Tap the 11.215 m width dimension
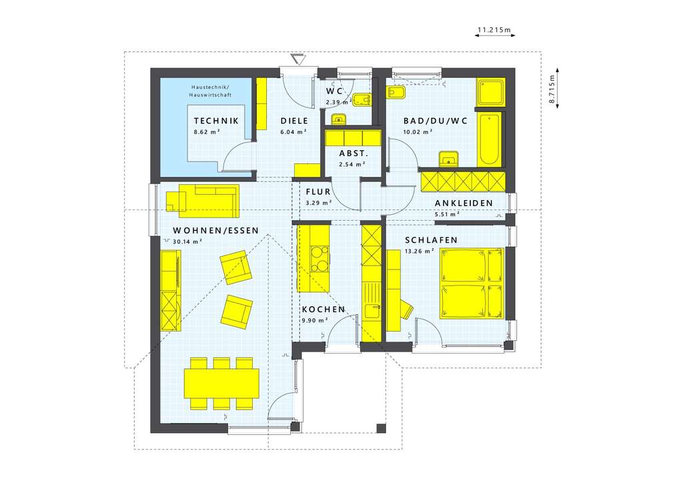(493, 30)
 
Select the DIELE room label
(293, 121)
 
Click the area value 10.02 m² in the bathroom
(419, 132)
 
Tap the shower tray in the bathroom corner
(491, 91)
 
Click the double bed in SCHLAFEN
(471, 284)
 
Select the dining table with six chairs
(221, 384)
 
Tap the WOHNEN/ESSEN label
(207, 231)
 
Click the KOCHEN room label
(323, 310)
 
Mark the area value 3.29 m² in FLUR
(318, 202)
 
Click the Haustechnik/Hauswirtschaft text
(209, 91)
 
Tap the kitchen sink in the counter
(371, 310)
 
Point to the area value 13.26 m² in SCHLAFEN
(419, 251)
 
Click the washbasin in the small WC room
(338, 120)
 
